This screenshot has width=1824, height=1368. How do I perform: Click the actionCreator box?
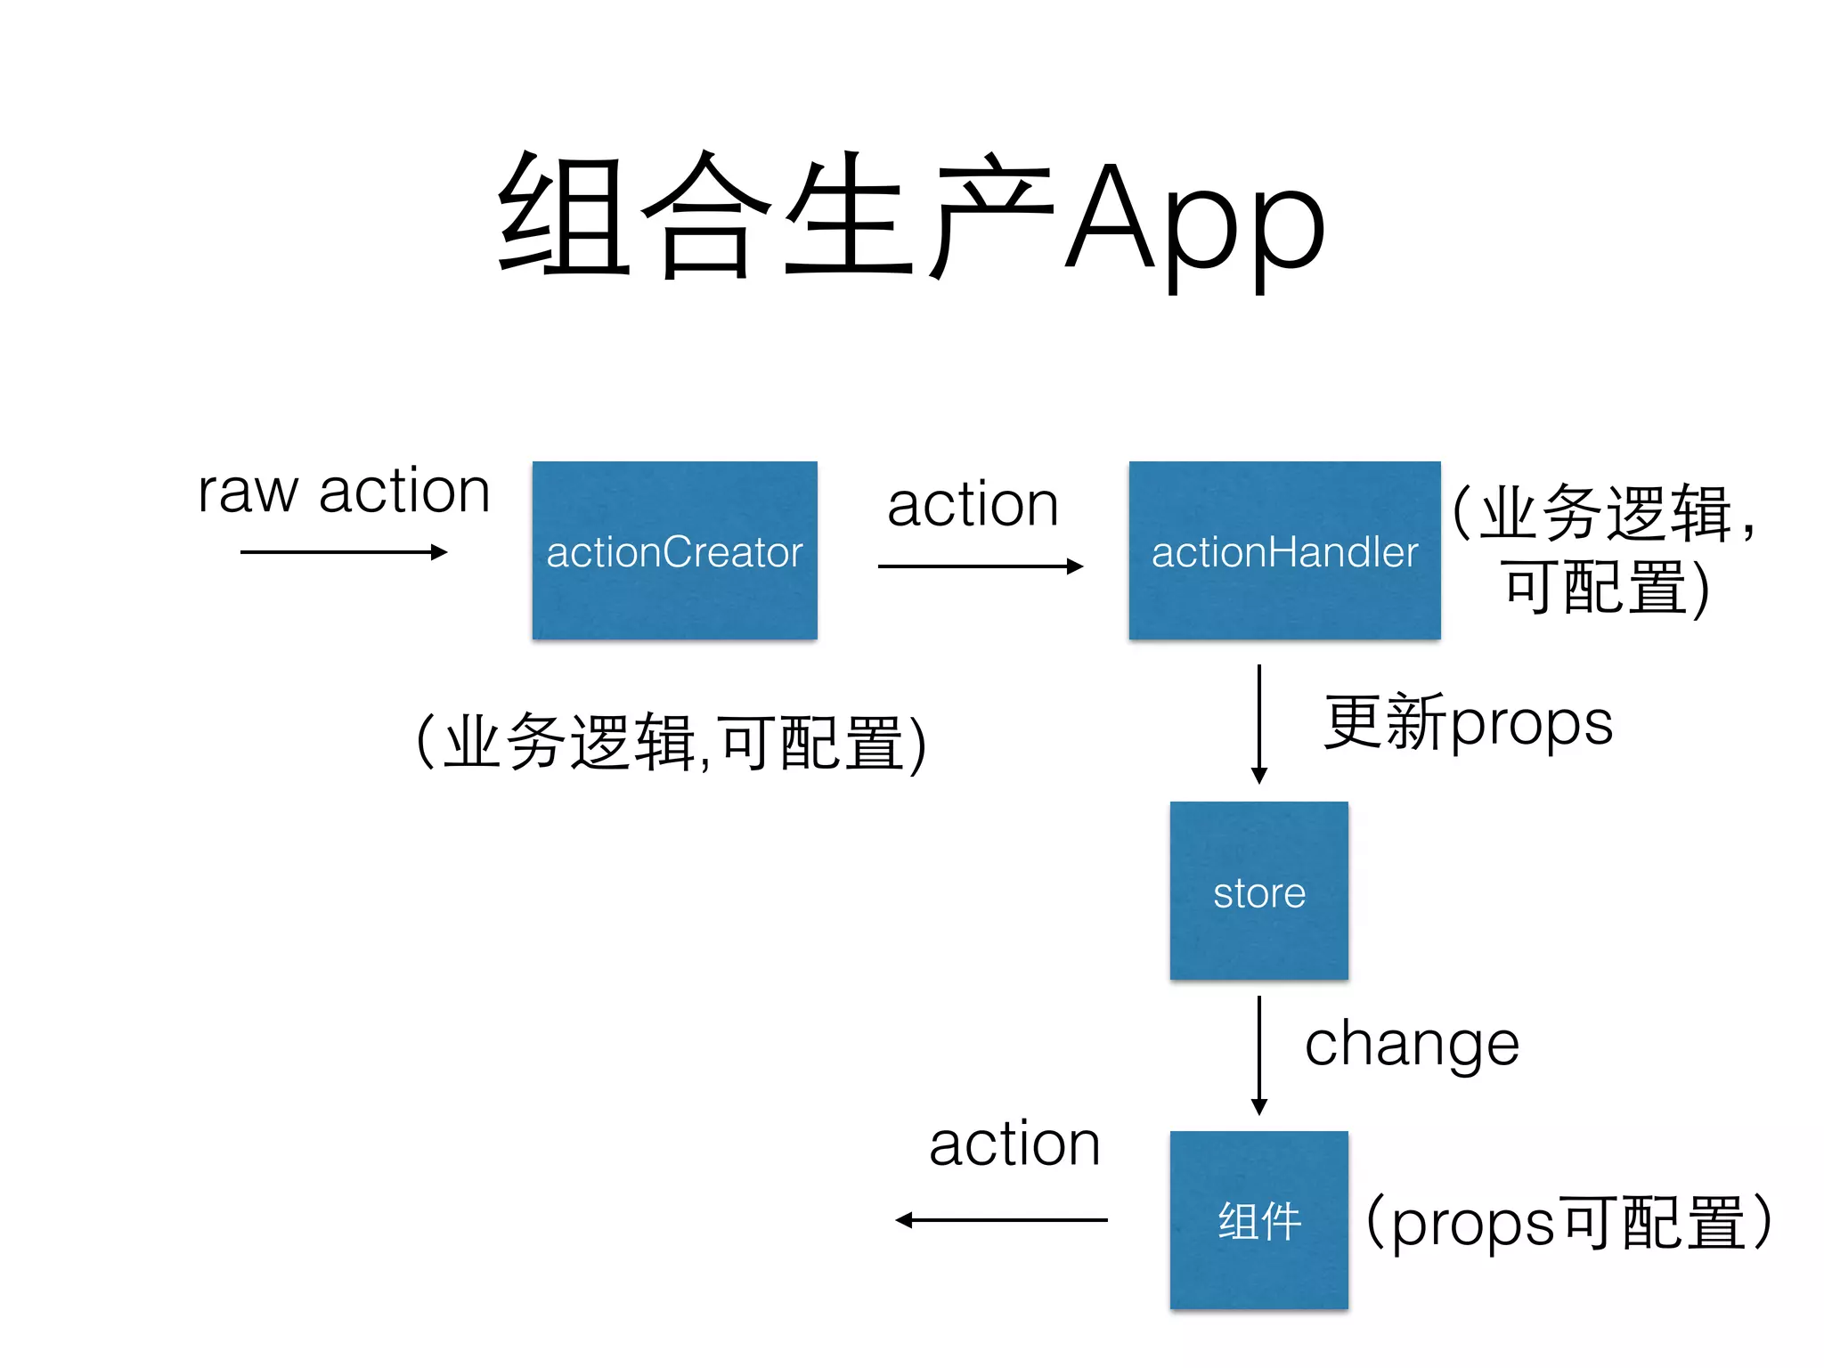pyautogui.click(x=674, y=550)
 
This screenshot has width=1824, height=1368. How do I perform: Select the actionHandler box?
pyautogui.click(x=1284, y=550)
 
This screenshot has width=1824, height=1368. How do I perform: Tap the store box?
pyautogui.click(x=1258, y=891)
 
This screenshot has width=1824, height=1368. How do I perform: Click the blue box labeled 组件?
pyautogui.click(x=1258, y=1219)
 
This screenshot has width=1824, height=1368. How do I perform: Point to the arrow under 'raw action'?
pyautogui.click(x=343, y=552)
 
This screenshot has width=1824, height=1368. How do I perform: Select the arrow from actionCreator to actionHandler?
pyautogui.click(x=980, y=566)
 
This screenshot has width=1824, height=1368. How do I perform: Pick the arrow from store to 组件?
pyautogui.click(x=1258, y=1054)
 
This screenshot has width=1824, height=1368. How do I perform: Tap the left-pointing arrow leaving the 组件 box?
pyautogui.click(x=1001, y=1220)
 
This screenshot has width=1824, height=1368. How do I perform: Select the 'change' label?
pyautogui.click(x=1412, y=1046)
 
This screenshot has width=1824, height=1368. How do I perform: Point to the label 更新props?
pyautogui.click(x=1468, y=722)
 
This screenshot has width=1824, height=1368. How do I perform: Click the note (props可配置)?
pyautogui.click(x=1567, y=1222)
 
